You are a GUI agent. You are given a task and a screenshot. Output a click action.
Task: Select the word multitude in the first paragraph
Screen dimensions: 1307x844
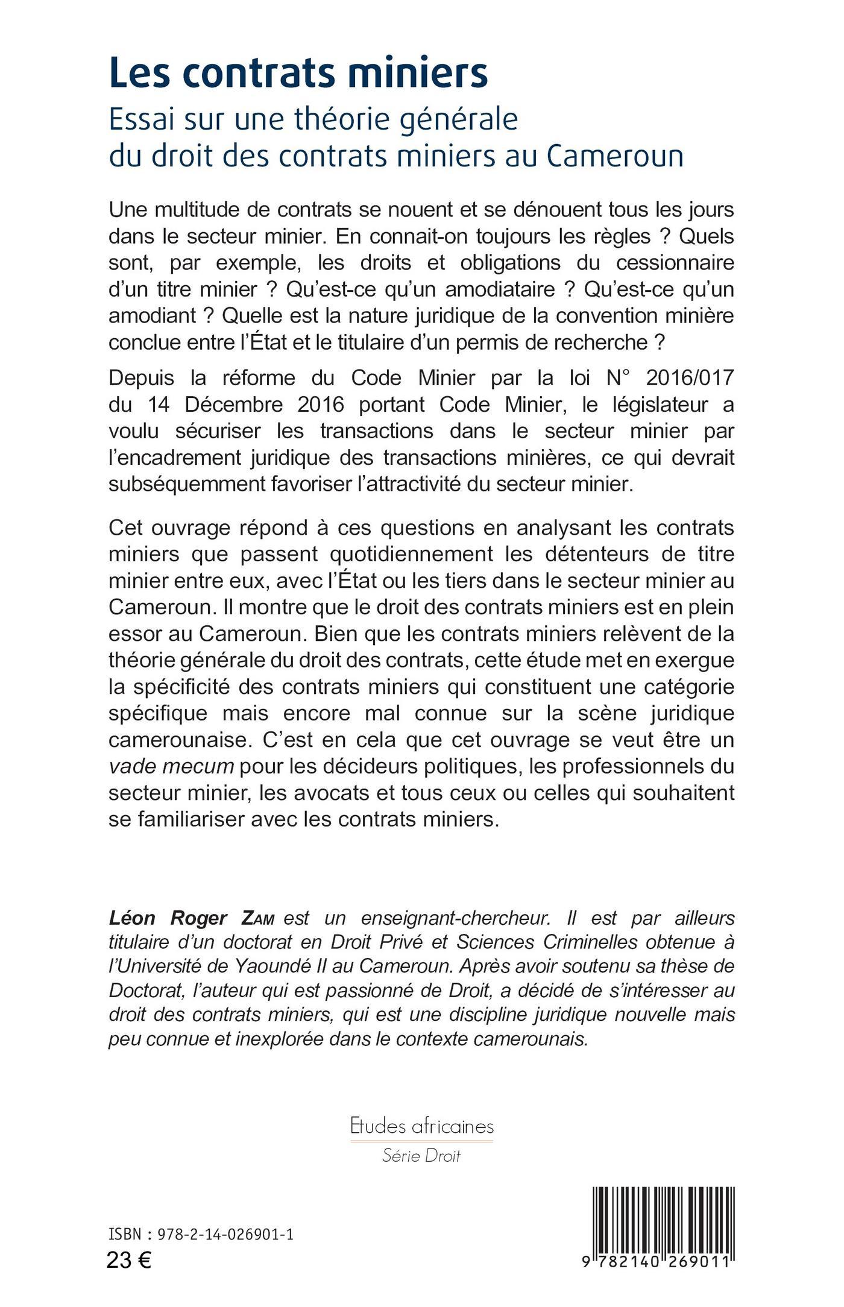[x=206, y=210]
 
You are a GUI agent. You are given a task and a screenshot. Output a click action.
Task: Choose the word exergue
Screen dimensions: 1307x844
[x=696, y=660]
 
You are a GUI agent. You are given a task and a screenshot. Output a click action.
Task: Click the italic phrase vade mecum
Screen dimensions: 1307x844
[x=171, y=767]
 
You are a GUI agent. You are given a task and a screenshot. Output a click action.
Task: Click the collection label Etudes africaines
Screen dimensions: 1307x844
[x=422, y=1126]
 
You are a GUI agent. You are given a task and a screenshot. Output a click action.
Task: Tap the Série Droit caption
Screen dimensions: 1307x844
[x=421, y=1156]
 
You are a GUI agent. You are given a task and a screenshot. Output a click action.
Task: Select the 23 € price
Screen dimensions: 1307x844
[x=129, y=1261]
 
